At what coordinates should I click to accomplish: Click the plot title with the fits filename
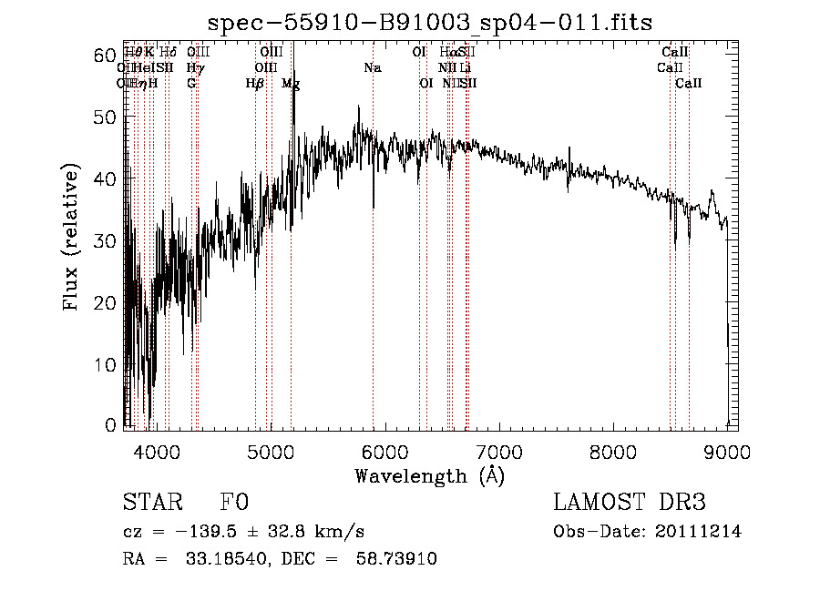pyautogui.click(x=430, y=22)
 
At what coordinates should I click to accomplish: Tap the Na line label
pyautogui.click(x=373, y=68)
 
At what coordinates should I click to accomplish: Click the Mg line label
pyautogui.click(x=291, y=84)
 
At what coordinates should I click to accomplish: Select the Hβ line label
pyautogui.click(x=255, y=84)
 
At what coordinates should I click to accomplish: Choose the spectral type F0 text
pyautogui.click(x=234, y=503)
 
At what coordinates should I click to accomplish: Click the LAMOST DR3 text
pyautogui.click(x=630, y=503)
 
